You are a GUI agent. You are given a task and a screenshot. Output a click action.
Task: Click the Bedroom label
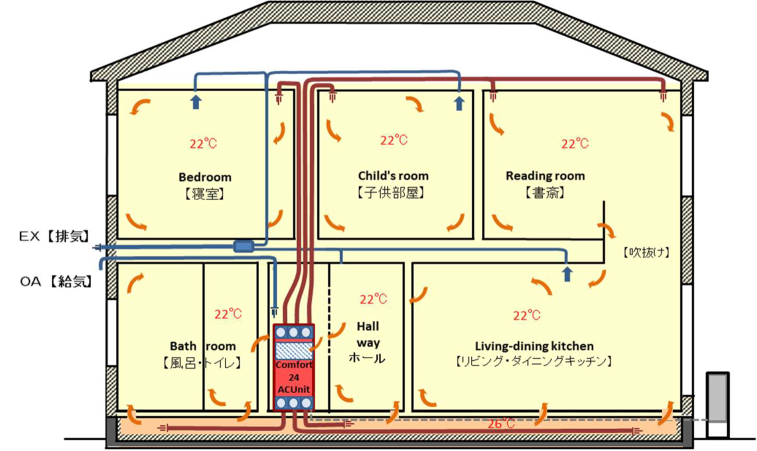(x=205, y=177)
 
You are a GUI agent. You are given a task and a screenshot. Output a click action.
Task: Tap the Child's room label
(x=393, y=176)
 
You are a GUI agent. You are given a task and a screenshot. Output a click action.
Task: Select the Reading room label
(x=545, y=176)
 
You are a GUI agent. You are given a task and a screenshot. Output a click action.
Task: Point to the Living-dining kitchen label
(x=534, y=346)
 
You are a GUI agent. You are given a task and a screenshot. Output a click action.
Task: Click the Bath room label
(x=203, y=346)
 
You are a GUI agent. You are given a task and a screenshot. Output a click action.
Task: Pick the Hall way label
(x=368, y=335)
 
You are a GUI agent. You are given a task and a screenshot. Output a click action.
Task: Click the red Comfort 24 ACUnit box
(x=294, y=367)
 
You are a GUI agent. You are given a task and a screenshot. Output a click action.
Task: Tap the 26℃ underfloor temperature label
(x=500, y=423)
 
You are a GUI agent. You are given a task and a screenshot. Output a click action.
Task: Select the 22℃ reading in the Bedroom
(x=203, y=143)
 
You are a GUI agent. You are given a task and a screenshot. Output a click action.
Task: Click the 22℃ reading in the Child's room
(x=394, y=140)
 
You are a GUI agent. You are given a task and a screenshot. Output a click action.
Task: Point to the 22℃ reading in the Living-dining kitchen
(x=527, y=315)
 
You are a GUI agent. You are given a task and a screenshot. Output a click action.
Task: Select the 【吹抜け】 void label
(x=646, y=253)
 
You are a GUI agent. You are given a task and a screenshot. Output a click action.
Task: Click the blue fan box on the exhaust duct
(x=243, y=246)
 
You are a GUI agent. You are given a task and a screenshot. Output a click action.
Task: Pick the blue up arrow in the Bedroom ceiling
(x=196, y=101)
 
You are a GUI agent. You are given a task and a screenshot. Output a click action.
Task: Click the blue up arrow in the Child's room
(x=459, y=103)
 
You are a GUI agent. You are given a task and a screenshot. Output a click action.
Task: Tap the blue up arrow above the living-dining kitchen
(x=567, y=274)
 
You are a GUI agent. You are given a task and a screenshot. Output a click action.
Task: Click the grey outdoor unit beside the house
(x=717, y=405)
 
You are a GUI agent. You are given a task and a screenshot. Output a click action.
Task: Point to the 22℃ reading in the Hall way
(x=373, y=299)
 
